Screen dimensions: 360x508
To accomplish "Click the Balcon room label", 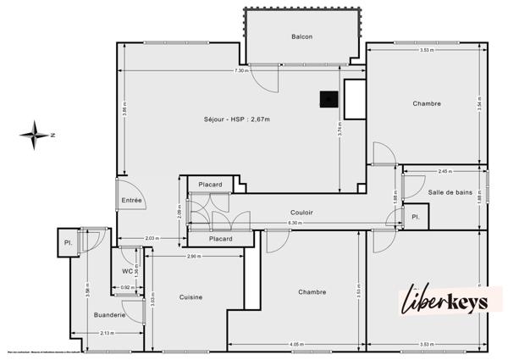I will (x=302, y=36).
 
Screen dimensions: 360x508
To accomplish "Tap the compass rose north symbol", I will (x=36, y=134).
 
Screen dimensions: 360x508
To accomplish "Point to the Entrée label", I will (x=131, y=200).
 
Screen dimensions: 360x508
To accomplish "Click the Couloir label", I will (x=302, y=212).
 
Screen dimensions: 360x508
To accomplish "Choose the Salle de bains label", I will (x=450, y=194).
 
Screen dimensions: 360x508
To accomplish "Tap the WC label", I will (x=127, y=271).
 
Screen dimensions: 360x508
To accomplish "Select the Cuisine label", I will (x=190, y=296).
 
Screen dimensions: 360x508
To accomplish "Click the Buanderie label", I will (x=110, y=315).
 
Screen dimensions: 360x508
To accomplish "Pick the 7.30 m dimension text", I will (x=241, y=70).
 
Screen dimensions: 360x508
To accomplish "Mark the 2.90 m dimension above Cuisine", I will (x=193, y=257).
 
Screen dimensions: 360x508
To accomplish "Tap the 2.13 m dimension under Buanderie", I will (x=107, y=333).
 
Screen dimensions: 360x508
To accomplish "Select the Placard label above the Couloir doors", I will (x=210, y=185).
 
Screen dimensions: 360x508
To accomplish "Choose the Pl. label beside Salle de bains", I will (x=416, y=217).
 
